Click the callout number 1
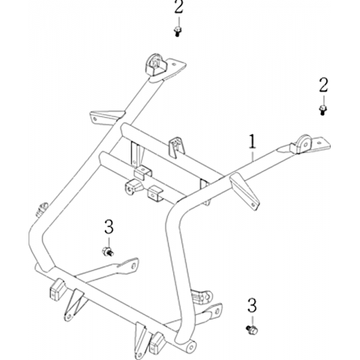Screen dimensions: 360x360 pos(253,142)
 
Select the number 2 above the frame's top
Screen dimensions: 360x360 pos(178,7)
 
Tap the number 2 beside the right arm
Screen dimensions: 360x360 pos(323,85)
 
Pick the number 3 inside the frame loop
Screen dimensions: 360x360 pos(109,226)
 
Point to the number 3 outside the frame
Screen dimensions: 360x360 pos(252,305)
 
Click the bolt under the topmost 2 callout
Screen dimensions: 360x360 pos(178,32)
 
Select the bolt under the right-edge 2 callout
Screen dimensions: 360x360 pos(323,110)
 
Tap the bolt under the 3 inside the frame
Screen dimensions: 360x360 pos(108,251)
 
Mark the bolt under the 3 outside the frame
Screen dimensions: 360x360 pos(252,329)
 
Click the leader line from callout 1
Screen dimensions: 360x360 pos(253,155)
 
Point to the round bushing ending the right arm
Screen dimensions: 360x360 pos(303,145)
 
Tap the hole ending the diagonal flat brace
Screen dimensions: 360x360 pos(133,265)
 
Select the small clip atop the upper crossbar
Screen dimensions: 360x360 pos(177,147)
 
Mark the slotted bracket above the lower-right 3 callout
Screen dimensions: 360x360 pos(201,298)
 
